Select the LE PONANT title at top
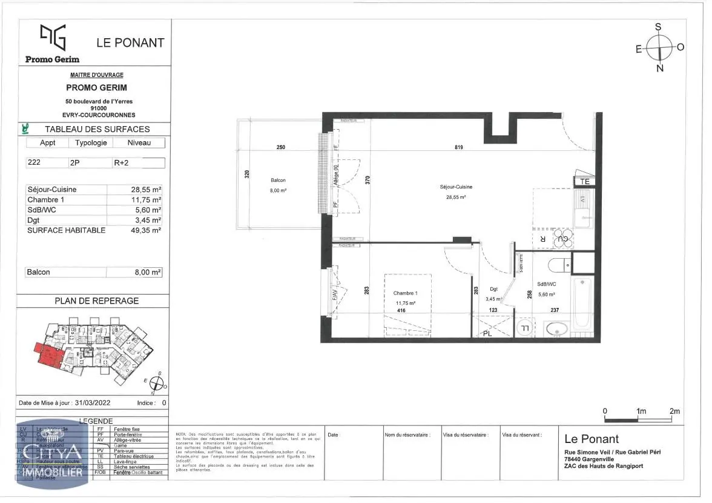[130, 42]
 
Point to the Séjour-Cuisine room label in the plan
[456, 187]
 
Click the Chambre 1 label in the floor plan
[405, 293]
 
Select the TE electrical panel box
[585, 181]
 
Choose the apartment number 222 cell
[35, 162]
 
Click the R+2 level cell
[121, 162]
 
